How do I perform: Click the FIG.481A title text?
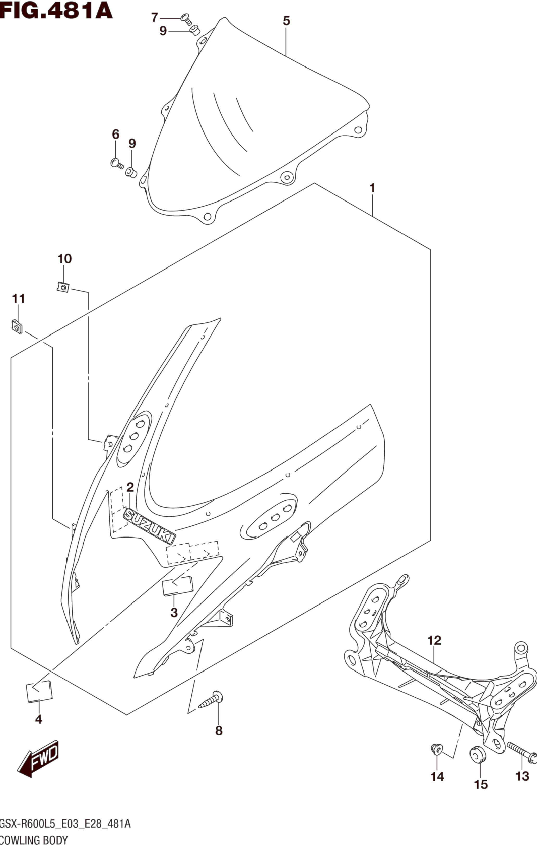[56, 11]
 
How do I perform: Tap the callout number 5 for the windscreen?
[286, 21]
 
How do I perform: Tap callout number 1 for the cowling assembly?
[372, 188]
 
